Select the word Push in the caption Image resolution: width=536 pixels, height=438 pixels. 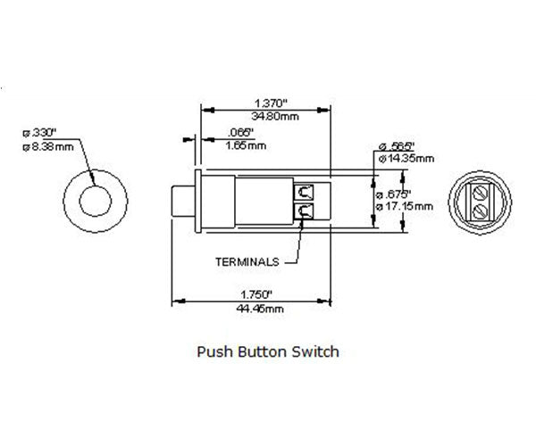click(214, 351)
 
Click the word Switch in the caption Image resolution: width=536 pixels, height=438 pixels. click(317, 351)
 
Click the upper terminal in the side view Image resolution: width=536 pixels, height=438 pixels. click(305, 191)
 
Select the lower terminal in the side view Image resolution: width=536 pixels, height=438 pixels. click(305, 211)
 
